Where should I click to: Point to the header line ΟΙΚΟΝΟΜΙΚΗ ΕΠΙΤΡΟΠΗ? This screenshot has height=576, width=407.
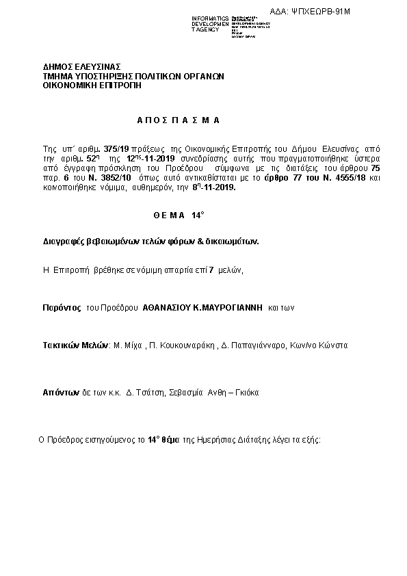88,86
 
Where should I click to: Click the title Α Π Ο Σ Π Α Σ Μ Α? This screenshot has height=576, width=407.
178,120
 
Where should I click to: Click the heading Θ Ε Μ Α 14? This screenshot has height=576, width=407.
178,215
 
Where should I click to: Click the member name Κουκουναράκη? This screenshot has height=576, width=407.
182,345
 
